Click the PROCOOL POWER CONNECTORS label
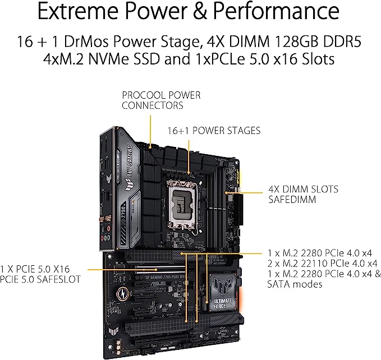pos(161,100)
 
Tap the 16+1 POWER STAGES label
pos(214,131)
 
